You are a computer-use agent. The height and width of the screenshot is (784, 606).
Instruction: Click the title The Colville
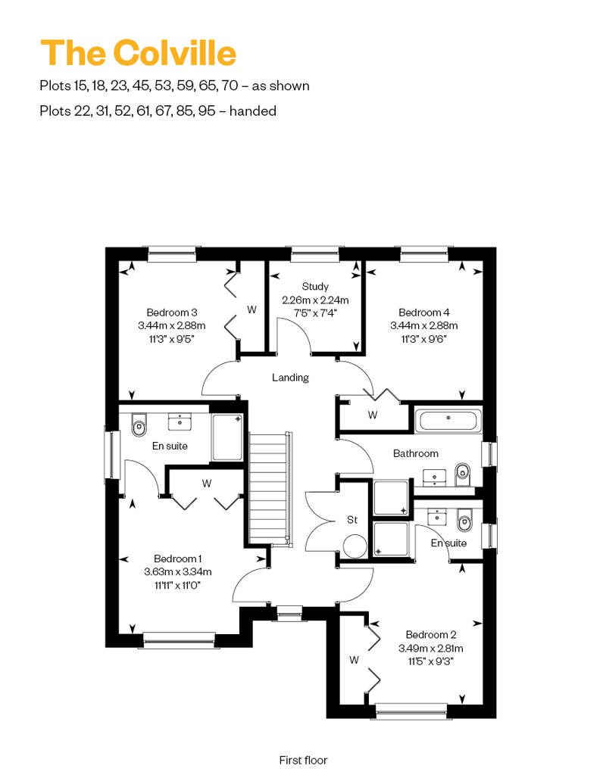[138, 52]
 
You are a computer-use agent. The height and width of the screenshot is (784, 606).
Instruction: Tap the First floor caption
[303, 760]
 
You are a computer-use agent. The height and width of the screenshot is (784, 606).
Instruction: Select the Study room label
[315, 287]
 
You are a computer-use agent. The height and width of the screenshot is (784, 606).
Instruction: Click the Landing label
[290, 378]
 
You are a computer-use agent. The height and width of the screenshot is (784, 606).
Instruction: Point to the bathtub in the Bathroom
[448, 420]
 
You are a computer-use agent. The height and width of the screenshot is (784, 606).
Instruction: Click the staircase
[270, 488]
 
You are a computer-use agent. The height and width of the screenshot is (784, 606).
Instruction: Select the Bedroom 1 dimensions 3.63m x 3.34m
[178, 571]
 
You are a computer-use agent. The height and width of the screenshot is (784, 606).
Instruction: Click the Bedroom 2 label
[431, 634]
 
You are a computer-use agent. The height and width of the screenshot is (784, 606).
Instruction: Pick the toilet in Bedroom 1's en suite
[139, 425]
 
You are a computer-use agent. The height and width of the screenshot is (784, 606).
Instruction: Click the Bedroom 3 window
[172, 254]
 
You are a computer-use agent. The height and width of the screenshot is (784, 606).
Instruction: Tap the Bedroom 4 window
[424, 254]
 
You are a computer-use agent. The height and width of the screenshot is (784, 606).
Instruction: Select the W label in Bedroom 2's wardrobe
[355, 660]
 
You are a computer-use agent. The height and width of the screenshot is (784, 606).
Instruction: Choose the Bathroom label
[415, 453]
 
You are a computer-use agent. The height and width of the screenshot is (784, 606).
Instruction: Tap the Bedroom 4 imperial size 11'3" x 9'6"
[424, 339]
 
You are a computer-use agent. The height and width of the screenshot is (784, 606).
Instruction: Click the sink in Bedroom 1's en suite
[179, 422]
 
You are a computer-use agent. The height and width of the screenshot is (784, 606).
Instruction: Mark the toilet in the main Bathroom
[464, 474]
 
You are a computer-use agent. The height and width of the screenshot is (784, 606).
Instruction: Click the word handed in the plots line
[253, 110]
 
